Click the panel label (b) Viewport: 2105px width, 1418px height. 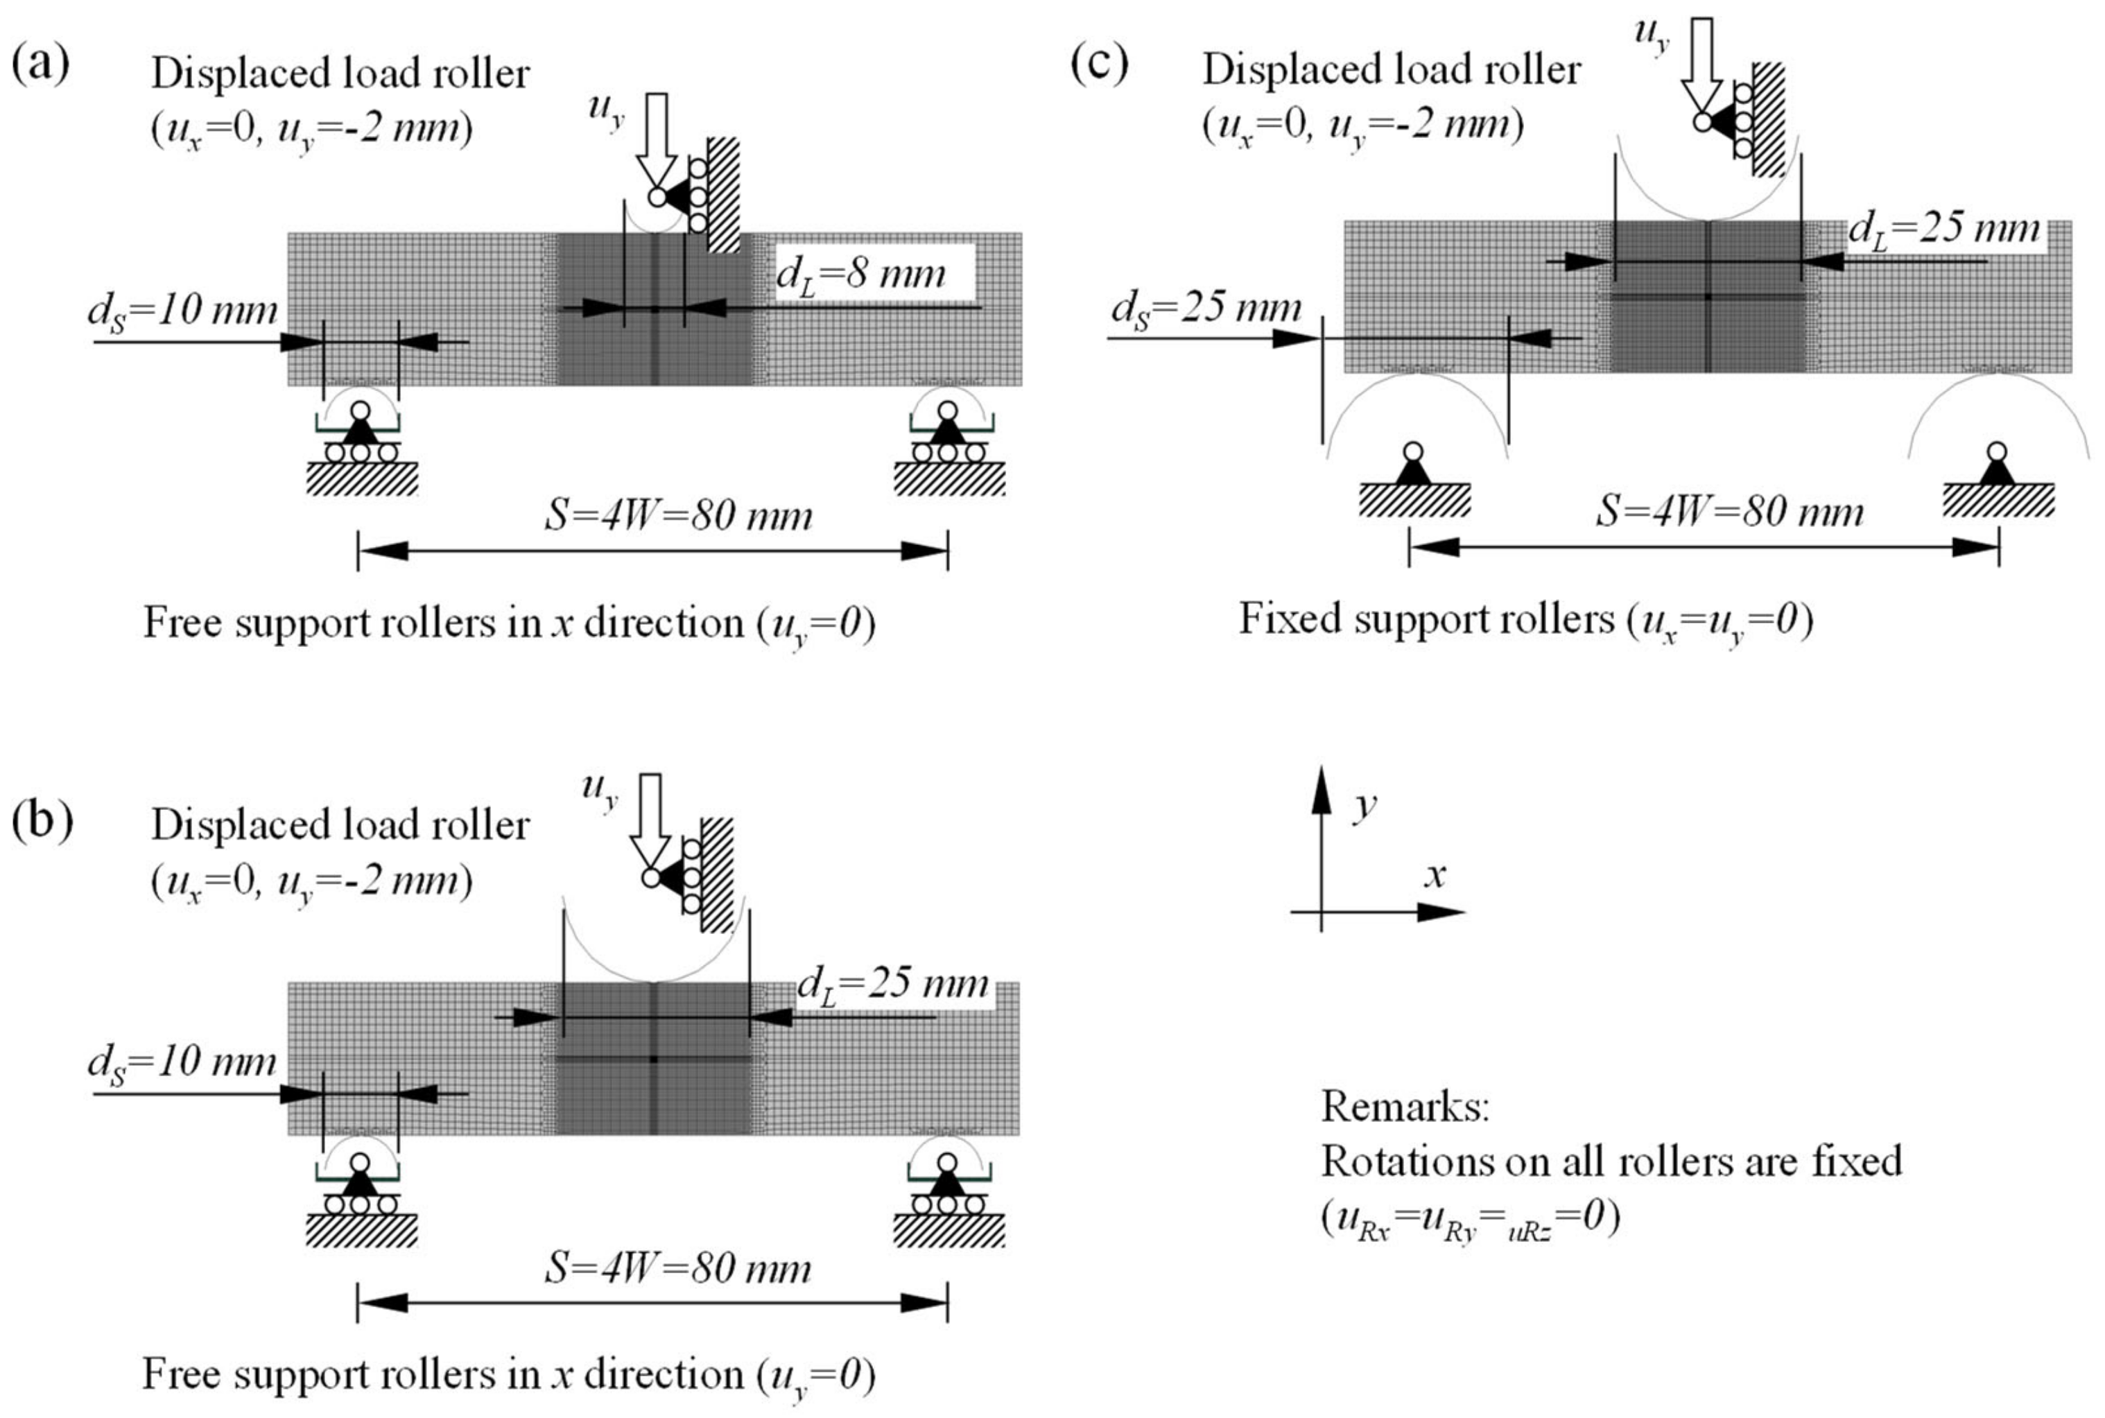[42, 821]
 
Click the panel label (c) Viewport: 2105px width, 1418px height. [1099, 63]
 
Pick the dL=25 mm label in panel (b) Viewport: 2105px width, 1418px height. [892, 983]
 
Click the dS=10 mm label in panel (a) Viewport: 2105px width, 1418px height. [182, 311]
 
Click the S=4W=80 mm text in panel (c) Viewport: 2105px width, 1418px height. [1728, 512]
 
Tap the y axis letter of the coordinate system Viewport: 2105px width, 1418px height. [1365, 802]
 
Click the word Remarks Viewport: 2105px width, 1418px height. [1404, 1106]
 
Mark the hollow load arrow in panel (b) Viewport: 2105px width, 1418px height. [651, 818]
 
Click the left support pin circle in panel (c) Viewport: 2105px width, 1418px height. [1413, 452]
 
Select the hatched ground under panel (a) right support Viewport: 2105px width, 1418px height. [949, 478]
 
